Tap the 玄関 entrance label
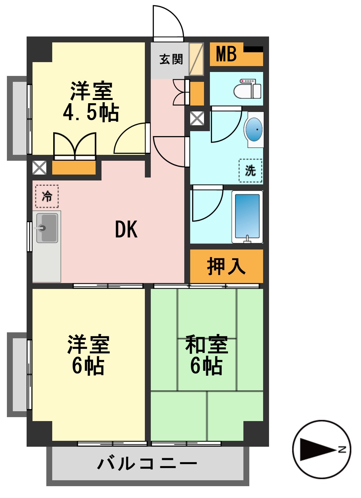point(171,59)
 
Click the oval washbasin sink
point(254,130)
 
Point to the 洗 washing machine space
point(250,171)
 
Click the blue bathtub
point(247,216)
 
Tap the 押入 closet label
point(226,266)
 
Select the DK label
point(126,229)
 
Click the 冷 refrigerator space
point(47,196)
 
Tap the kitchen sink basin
point(47,228)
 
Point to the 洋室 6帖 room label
point(88,355)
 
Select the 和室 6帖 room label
point(207,355)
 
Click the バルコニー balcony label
point(147,463)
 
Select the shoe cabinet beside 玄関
point(196,59)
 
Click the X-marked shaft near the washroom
point(197,118)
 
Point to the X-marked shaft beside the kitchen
point(39,168)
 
